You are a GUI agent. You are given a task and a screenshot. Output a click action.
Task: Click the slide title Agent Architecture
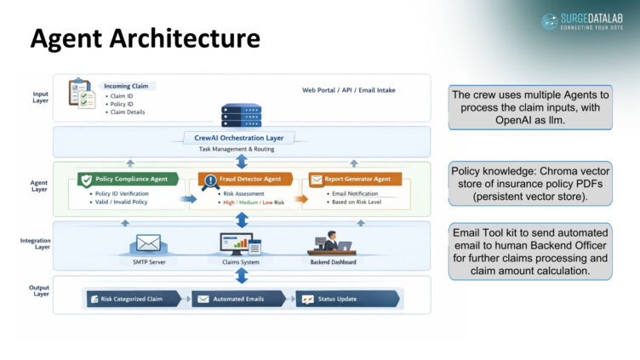(x=145, y=38)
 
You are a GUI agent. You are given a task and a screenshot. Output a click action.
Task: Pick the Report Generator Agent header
(x=355, y=180)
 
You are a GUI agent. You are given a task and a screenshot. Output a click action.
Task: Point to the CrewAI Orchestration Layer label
(x=239, y=137)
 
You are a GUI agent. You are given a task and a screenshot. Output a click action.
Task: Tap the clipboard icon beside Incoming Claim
(x=80, y=92)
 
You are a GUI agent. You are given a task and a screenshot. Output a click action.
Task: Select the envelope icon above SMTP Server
(x=148, y=243)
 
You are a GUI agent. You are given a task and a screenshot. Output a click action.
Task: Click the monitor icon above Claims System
(x=240, y=244)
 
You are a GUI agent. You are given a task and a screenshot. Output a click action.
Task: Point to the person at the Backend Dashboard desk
(x=330, y=243)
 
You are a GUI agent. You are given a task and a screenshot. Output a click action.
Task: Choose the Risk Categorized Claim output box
(x=133, y=299)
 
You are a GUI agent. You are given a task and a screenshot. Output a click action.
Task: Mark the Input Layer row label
(x=40, y=98)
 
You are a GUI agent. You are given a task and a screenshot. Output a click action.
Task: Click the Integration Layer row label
(x=36, y=244)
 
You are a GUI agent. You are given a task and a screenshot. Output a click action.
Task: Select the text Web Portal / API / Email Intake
(x=348, y=89)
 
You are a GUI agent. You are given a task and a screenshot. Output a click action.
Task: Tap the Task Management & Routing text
(x=239, y=148)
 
